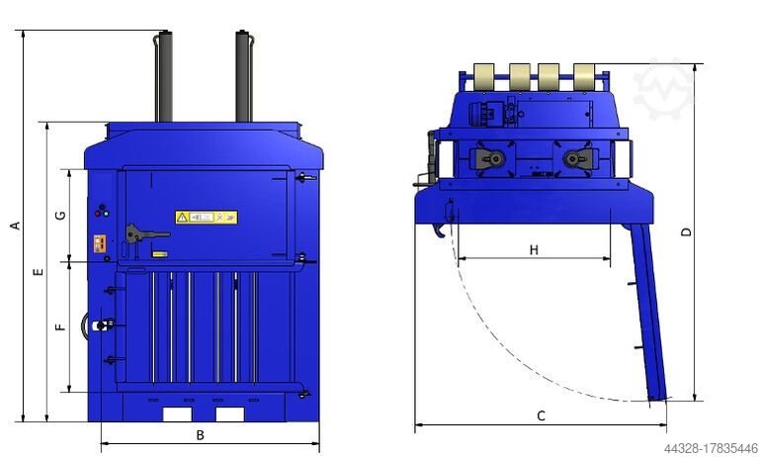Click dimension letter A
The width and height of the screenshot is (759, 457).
click(15, 226)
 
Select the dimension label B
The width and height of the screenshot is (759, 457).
click(200, 435)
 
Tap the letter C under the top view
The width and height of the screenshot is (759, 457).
click(541, 415)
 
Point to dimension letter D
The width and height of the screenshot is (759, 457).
click(687, 231)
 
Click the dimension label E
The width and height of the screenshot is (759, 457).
click(38, 271)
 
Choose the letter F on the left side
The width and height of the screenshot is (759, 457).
click(60, 325)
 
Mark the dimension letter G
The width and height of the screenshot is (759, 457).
click(60, 215)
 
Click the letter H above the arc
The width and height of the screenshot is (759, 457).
click(534, 250)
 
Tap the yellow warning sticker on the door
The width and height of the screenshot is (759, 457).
click(207, 217)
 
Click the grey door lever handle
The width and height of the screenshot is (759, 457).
click(143, 234)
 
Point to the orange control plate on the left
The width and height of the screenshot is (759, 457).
click(99, 244)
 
